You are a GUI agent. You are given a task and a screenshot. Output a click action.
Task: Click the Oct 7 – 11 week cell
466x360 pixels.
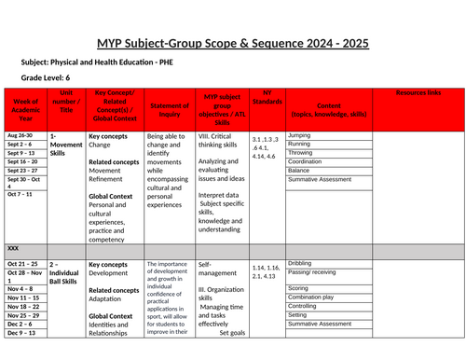(22, 193)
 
